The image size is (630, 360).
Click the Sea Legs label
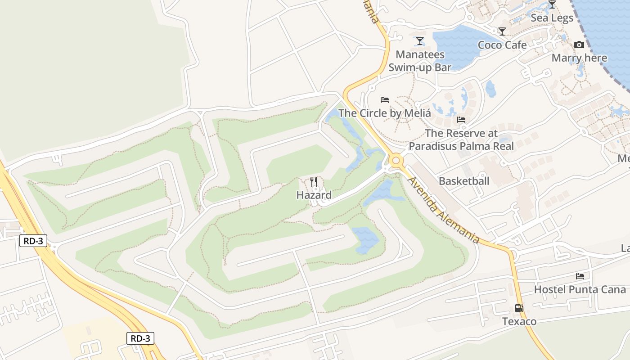[x=552, y=18]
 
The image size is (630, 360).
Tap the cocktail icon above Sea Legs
[x=552, y=5]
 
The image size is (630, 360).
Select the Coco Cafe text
[x=502, y=45]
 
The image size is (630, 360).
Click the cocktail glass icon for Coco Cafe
[x=502, y=31]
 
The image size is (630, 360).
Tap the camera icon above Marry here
[x=579, y=45]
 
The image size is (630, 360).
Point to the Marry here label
[x=579, y=58]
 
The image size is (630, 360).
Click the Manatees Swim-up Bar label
[x=420, y=61]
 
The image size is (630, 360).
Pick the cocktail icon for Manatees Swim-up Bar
[x=420, y=41]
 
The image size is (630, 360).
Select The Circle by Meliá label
[x=385, y=113]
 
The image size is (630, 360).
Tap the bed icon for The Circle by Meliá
[x=385, y=100]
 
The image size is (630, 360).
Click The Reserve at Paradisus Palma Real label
[x=461, y=139]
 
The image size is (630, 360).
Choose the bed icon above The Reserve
[x=461, y=120]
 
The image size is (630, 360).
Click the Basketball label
[x=464, y=181]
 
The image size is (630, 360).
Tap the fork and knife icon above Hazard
[x=314, y=182]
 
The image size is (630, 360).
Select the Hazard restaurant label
[x=314, y=195]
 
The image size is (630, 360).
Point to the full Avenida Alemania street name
[x=443, y=210]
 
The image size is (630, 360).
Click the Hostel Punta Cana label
[x=580, y=289]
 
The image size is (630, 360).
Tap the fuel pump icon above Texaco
[x=519, y=308]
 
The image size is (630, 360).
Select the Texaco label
[x=519, y=322]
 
